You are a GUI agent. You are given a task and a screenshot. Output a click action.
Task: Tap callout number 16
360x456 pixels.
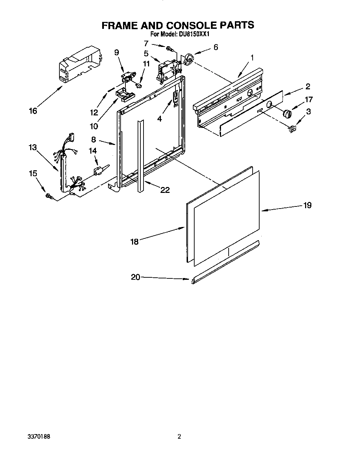tap(33, 111)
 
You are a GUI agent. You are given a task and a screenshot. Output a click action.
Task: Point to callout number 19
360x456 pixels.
tap(307, 205)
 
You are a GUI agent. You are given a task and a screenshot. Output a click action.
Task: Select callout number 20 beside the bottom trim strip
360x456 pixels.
tap(136, 277)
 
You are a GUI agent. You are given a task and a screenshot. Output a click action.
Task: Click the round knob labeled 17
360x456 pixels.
tap(287, 113)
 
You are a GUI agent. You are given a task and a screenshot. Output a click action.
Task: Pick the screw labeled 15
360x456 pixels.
tap(49, 197)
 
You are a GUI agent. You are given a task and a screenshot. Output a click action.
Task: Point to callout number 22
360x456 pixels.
tap(165, 189)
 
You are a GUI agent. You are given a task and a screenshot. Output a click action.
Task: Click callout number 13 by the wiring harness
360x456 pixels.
tap(33, 147)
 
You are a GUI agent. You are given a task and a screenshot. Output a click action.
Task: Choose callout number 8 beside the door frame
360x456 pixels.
tap(93, 140)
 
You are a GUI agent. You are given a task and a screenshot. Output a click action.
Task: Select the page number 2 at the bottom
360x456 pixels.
tap(179, 437)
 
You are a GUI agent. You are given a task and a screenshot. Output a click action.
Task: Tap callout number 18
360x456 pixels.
tap(134, 242)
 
